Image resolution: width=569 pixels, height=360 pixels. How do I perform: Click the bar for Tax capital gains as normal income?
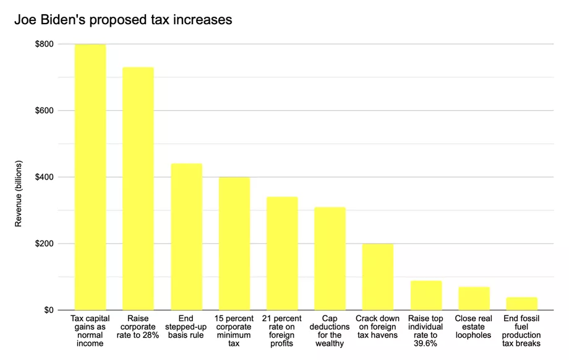[x=90, y=177]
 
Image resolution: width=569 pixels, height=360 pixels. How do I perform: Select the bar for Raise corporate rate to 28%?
[x=138, y=189]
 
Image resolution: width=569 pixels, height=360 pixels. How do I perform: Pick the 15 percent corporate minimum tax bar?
[x=234, y=243]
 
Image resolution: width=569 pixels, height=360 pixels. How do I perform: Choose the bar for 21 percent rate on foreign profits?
[x=282, y=253]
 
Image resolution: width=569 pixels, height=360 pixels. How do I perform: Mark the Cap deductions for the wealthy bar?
[x=330, y=258]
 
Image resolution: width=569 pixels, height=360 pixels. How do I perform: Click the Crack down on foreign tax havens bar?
[x=378, y=276]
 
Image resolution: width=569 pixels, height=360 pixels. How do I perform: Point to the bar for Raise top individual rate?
[x=426, y=295]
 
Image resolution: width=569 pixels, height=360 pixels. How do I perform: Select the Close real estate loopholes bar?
[x=474, y=298]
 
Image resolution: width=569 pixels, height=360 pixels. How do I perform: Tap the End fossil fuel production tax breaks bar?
[x=521, y=303]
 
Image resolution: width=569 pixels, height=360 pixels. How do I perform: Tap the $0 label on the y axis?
[x=48, y=310]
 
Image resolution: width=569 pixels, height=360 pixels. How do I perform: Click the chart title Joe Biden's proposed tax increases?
[x=123, y=20]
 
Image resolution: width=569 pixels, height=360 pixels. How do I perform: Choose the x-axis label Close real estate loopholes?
[x=474, y=327]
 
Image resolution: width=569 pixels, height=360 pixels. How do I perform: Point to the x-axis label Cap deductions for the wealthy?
[x=330, y=331]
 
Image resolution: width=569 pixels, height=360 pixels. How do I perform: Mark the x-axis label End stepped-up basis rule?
[x=186, y=327]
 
